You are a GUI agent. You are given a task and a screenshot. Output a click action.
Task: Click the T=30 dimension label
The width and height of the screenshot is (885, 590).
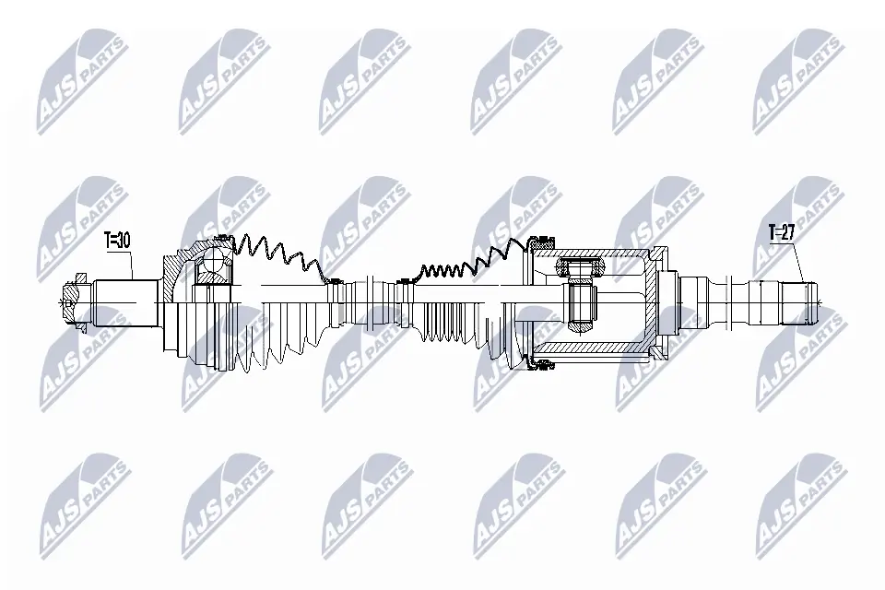[118, 241]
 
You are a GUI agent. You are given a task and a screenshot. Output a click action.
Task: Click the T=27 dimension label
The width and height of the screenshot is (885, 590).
[782, 232]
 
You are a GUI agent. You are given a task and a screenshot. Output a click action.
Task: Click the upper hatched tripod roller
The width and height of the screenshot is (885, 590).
[578, 267]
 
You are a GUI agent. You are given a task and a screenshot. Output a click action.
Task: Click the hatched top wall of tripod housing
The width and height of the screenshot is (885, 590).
[599, 252]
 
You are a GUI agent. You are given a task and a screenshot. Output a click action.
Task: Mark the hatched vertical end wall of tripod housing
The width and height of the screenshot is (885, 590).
[656, 300]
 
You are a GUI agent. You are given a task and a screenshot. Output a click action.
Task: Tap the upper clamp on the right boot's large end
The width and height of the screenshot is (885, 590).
[539, 242]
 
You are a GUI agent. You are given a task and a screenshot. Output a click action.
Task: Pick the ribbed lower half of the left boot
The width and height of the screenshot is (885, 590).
[267, 341]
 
